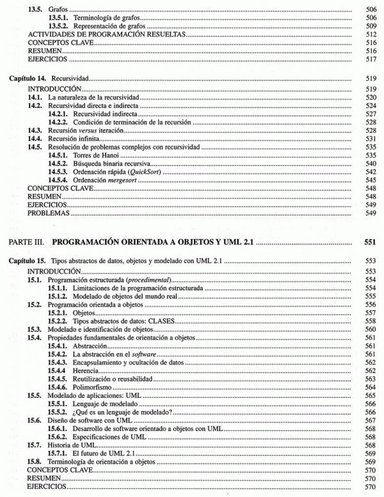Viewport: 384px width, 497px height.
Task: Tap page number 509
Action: [x=371, y=26]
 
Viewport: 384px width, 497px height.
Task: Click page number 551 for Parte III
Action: [x=369, y=243]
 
